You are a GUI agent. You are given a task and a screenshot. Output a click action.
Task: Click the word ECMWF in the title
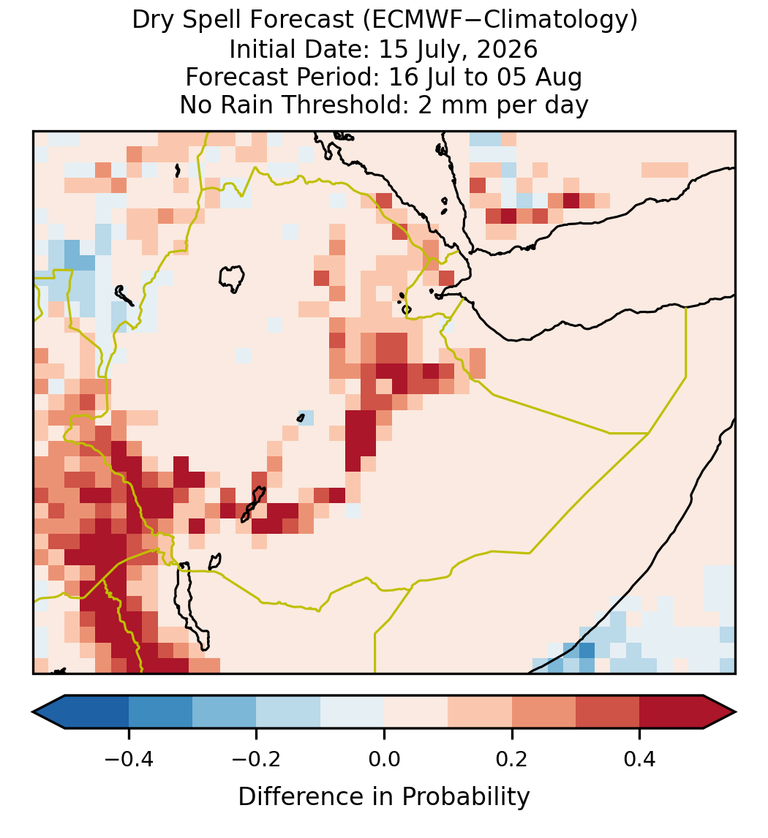pos(410,20)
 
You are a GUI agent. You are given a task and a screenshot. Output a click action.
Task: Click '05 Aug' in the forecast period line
pos(539,78)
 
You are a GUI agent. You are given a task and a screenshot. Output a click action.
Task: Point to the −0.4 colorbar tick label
pos(129,758)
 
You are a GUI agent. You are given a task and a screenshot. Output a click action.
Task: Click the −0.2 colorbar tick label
pos(257,758)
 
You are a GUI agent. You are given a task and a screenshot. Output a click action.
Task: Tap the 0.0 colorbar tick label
pos(384,758)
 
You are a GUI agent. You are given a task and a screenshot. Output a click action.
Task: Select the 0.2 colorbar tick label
pos(512,758)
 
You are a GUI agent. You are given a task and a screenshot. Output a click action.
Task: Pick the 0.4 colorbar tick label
pos(640,758)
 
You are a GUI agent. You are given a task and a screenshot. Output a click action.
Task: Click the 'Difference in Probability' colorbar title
pos(384,797)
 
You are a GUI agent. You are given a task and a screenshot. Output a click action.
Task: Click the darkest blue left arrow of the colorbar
pos(49,712)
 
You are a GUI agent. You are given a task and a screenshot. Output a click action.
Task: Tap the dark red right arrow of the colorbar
pos(720,712)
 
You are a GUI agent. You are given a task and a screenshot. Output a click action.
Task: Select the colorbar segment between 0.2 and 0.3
pos(544,712)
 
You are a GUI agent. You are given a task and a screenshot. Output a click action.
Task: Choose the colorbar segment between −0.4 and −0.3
pos(161,712)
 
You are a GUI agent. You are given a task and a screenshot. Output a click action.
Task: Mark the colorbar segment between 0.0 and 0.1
pos(416,712)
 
